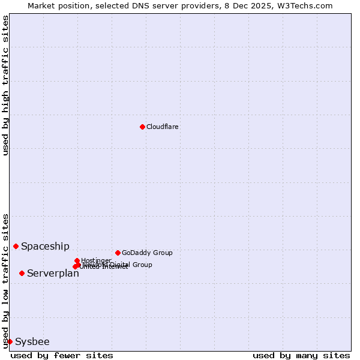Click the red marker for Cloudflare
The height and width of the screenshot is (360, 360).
tap(142, 127)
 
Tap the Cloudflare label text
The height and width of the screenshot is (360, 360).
tap(163, 127)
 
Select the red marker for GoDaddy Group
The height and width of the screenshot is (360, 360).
tap(118, 253)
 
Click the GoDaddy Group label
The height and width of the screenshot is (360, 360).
tap(147, 253)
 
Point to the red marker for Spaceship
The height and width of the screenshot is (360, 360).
tap(16, 246)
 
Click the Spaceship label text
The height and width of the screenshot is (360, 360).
tap(45, 246)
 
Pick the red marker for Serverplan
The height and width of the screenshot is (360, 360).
tap(22, 273)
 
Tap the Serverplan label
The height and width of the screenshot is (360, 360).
tap(53, 273)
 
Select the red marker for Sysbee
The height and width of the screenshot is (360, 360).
tap(10, 341)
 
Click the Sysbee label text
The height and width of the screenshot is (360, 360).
tap(32, 341)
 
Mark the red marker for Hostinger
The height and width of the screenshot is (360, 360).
tap(77, 260)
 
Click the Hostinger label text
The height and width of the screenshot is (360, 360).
tap(96, 260)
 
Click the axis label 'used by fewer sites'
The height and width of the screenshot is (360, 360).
tap(62, 355)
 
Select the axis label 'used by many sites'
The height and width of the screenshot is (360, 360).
tap(301, 355)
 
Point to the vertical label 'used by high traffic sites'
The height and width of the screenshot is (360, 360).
tap(5, 85)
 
